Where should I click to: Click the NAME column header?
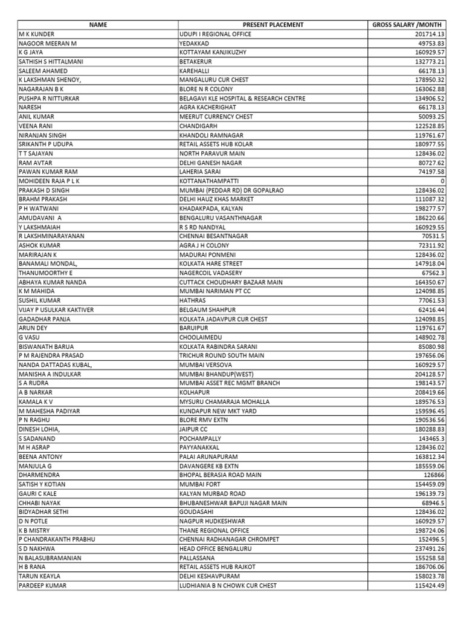pos(97,25)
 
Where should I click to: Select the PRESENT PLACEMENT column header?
pos(272,25)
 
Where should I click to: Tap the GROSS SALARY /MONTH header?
pos(408,25)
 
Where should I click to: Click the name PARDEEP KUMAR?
pos(43,585)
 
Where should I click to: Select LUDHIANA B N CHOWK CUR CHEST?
pos(228,585)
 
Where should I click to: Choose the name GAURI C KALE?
pos(40,493)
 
